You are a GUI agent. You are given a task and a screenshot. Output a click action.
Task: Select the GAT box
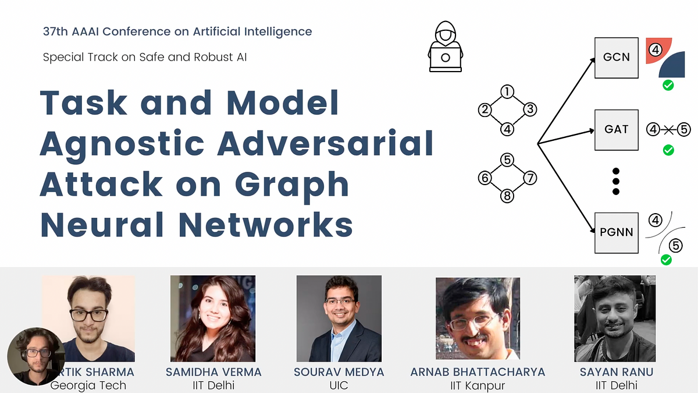pos(616,129)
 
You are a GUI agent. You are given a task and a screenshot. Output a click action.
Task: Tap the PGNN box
pos(616,232)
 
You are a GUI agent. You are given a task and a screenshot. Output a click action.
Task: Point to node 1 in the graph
pos(507,92)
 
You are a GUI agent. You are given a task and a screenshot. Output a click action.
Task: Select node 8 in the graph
pos(507,196)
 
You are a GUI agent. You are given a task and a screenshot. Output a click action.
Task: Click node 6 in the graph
pos(485,178)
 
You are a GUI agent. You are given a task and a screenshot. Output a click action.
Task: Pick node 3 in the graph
pos(529,109)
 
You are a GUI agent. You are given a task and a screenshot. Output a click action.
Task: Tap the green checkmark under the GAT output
pos(668,150)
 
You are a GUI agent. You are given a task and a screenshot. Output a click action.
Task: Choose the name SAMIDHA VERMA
pos(213,372)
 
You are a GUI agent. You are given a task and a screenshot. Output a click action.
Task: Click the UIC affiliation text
pos(339,385)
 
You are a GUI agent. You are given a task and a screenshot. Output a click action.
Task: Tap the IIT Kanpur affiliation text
pos(478,385)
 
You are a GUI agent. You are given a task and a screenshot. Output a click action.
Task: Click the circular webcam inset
pos(36,356)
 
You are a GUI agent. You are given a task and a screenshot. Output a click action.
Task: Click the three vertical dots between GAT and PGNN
pos(616,181)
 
